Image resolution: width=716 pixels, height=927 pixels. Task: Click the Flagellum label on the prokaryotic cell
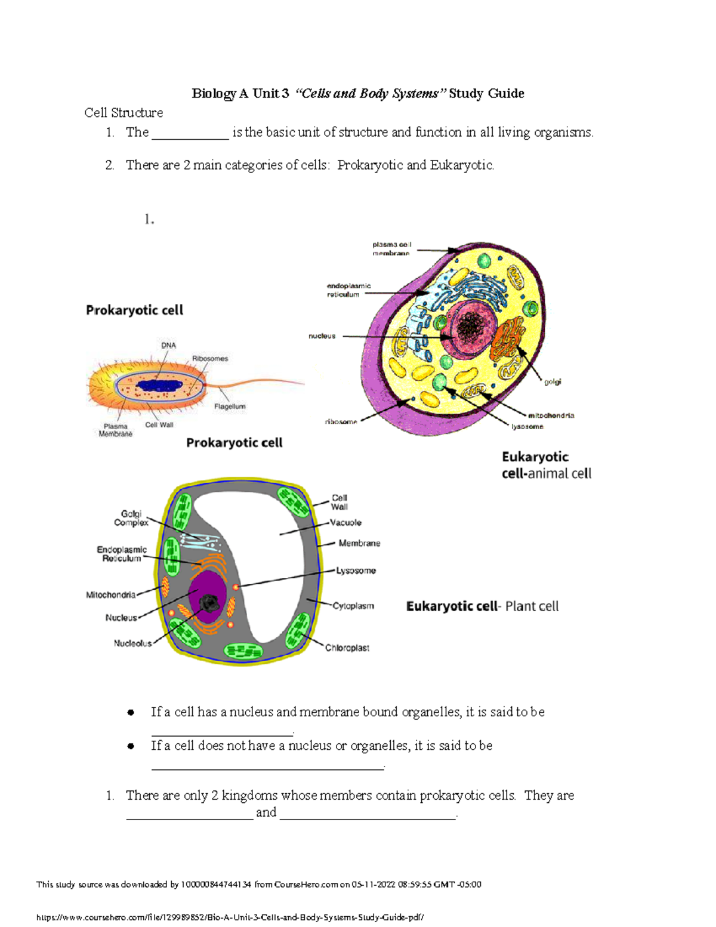click(x=230, y=406)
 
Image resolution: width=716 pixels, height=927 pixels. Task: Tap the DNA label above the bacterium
click(x=168, y=346)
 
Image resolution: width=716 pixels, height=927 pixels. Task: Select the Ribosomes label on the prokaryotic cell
click(x=210, y=359)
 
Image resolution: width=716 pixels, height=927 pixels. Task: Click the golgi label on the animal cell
click(x=553, y=381)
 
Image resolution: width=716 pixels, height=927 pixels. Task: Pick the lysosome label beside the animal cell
click(x=527, y=427)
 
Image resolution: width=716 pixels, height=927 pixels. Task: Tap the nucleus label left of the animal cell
click(x=322, y=336)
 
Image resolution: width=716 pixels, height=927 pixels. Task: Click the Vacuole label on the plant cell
click(x=346, y=522)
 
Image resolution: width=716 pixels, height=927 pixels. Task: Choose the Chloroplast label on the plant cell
click(x=347, y=648)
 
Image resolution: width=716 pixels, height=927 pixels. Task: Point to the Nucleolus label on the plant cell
click(x=132, y=643)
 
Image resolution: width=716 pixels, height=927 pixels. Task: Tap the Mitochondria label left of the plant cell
click(x=110, y=595)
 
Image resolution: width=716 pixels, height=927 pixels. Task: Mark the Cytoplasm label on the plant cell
click(x=353, y=606)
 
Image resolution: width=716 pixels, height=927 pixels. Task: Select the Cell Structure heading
click(x=124, y=113)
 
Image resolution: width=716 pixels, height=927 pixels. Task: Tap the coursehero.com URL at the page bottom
click(x=230, y=917)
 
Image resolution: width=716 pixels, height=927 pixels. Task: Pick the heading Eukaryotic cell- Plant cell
click(x=482, y=606)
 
